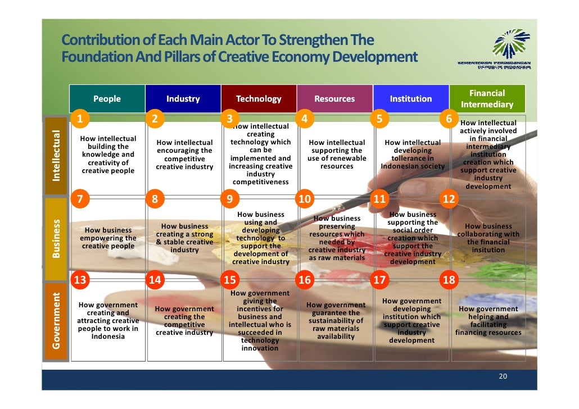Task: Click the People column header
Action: click(107, 99)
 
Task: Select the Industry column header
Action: click(183, 99)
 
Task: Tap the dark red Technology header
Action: click(259, 99)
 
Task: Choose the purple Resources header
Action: click(334, 99)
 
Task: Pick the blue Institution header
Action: click(411, 99)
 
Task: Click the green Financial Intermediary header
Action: click(487, 99)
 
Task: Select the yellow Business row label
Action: click(56, 239)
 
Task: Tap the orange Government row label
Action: click(56, 320)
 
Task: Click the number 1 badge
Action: click(80, 119)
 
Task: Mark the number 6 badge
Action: click(449, 119)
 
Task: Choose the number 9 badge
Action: click(229, 199)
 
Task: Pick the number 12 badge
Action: click(449, 199)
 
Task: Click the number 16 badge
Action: click(304, 280)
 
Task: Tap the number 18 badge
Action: click(449, 280)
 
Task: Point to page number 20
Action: click(503, 376)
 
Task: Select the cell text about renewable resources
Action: click(337, 154)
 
